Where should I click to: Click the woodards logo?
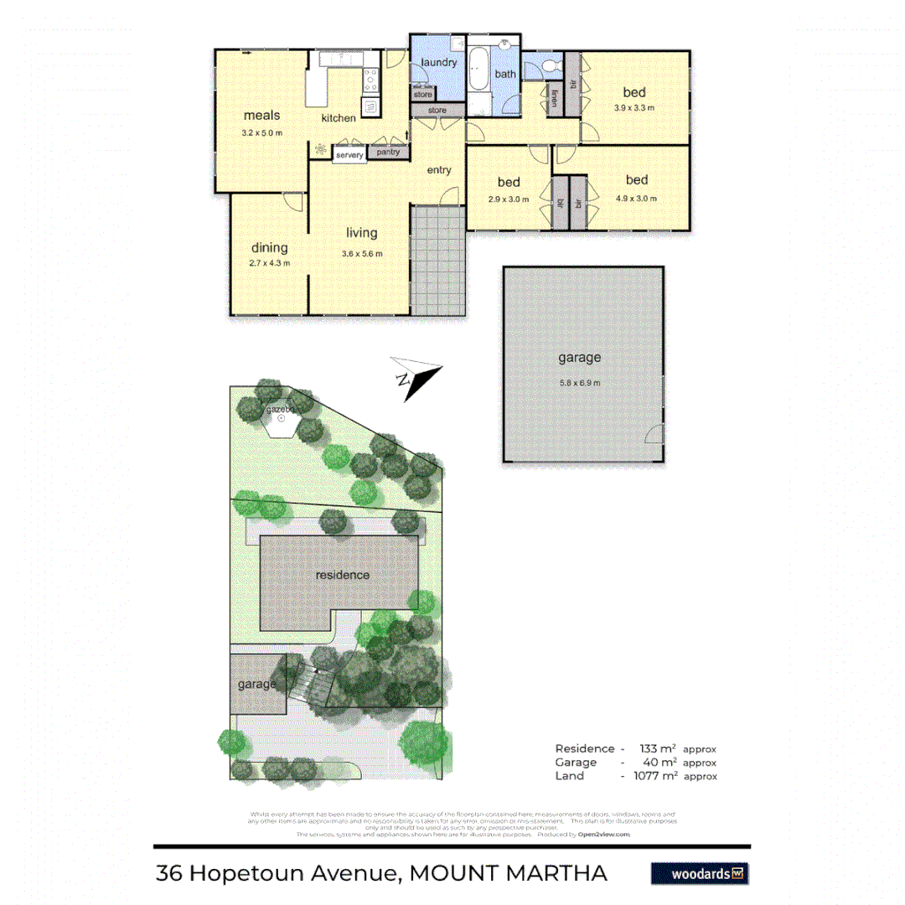pos(700,873)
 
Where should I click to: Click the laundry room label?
pos(438,63)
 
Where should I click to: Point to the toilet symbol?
pos(550,66)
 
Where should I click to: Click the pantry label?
pos(387,153)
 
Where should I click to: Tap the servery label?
pos(349,156)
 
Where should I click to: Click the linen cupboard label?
pos(554,99)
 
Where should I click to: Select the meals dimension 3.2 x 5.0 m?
pos(261,132)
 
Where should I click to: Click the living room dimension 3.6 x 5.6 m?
pos(362,254)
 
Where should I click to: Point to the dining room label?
pos(270,247)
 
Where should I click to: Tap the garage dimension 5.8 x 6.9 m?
pos(579,383)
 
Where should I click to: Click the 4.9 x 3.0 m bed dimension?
pos(636,199)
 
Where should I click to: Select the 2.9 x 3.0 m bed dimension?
pos(508,199)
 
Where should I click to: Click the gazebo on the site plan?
pos(280,417)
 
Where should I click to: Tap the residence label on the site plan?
pos(342,575)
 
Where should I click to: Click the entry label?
pos(439,170)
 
